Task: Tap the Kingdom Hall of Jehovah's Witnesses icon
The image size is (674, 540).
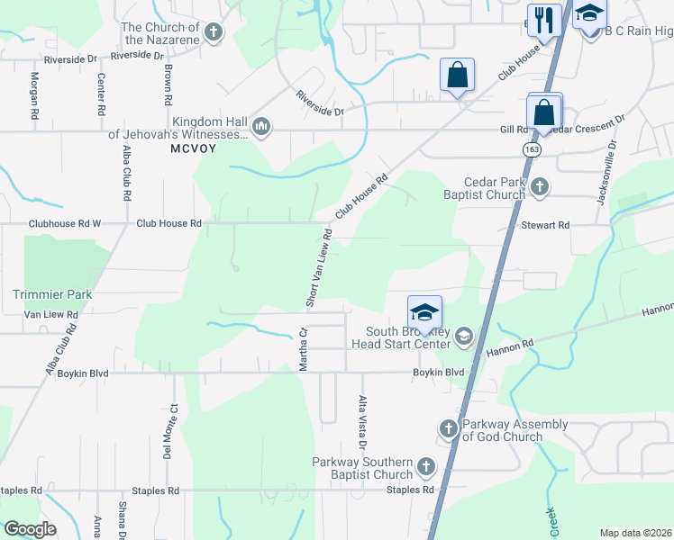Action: [261, 125]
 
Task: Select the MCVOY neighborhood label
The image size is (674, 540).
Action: [193, 148]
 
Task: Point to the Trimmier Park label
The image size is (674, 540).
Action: [53, 294]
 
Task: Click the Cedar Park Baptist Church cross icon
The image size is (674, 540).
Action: [539, 187]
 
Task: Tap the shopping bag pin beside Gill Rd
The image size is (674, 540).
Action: [544, 113]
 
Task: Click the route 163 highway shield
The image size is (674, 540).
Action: [533, 148]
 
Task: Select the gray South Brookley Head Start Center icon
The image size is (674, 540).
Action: [463, 337]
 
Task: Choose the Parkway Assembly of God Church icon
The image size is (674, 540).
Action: [449, 427]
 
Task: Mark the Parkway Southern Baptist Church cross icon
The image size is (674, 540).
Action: [425, 466]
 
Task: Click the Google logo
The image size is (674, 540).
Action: [30, 529]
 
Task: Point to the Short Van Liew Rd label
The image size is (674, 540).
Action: [317, 268]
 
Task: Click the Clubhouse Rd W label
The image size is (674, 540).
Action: [65, 223]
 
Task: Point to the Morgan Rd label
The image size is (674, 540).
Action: [34, 97]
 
